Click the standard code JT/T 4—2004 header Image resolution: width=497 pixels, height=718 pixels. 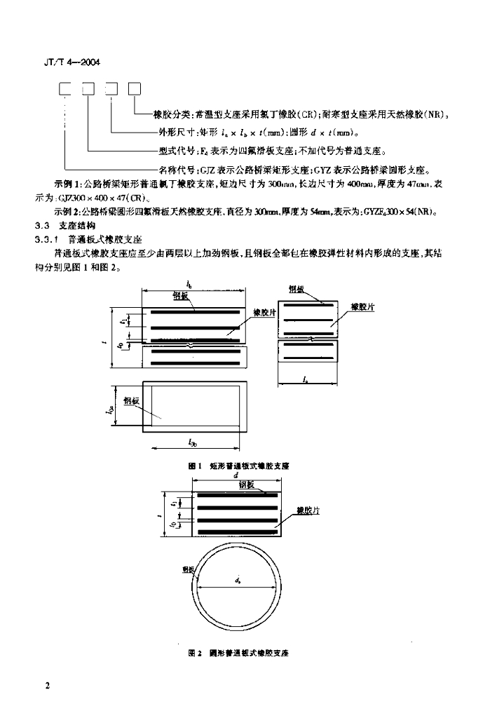(67, 62)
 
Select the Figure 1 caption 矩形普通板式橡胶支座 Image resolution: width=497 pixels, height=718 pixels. (249, 465)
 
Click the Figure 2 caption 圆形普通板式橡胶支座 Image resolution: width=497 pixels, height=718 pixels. (248, 653)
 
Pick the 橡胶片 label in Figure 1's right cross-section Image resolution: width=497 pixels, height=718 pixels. (362, 306)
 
